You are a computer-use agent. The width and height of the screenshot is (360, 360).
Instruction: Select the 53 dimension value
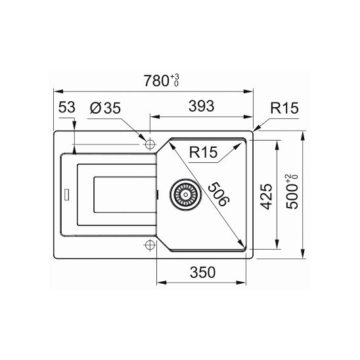coord(66,108)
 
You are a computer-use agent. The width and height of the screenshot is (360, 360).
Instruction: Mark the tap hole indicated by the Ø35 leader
coord(149,143)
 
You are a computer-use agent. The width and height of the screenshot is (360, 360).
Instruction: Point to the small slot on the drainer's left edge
coord(66,194)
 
